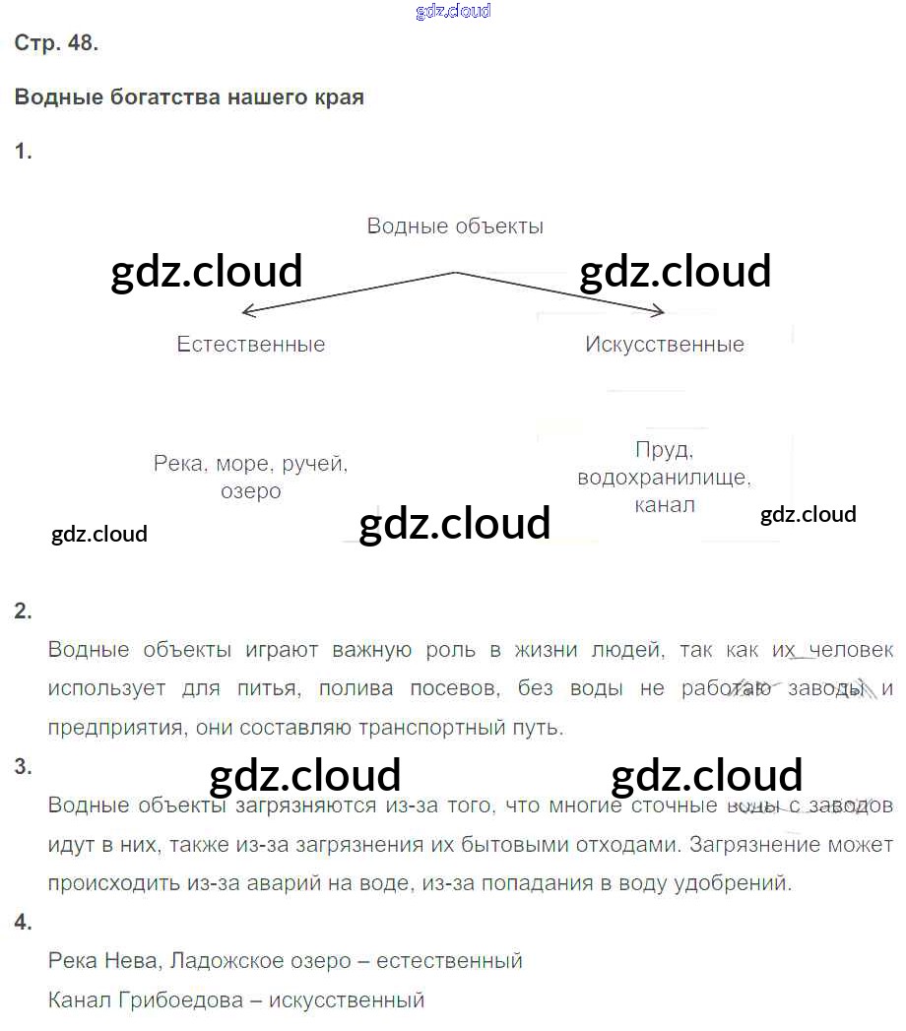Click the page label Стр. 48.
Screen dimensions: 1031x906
point(56,44)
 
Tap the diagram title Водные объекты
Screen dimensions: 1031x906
point(455,226)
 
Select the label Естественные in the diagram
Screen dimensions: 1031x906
point(251,345)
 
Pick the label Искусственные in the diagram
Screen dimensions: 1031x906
point(665,345)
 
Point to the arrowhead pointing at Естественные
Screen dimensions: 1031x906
point(246,313)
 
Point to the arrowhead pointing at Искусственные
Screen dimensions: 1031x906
point(659,312)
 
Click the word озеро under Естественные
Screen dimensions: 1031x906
point(251,491)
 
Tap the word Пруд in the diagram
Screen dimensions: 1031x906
point(664,451)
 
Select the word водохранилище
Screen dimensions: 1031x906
point(664,479)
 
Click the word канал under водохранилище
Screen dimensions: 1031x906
point(664,505)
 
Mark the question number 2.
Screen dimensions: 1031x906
point(24,612)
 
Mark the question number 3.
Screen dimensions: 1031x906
point(24,767)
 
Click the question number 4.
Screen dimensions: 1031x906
point(24,923)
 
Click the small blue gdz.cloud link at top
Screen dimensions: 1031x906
point(453,12)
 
